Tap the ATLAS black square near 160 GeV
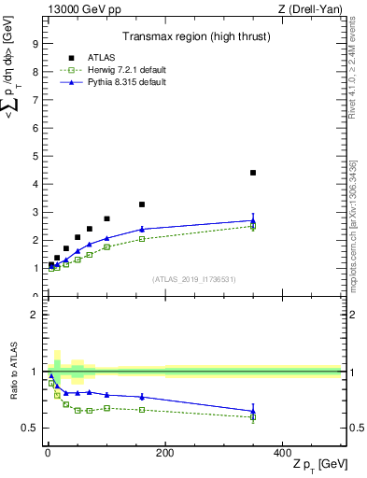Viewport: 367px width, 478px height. [142, 204]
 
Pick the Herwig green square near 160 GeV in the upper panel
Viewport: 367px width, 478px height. [142, 239]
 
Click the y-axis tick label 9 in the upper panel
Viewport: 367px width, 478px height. [35, 43]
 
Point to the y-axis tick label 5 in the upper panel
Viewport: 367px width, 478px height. [35, 156]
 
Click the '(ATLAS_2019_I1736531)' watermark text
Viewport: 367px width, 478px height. [193, 279]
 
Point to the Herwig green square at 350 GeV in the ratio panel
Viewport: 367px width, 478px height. [252, 416]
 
